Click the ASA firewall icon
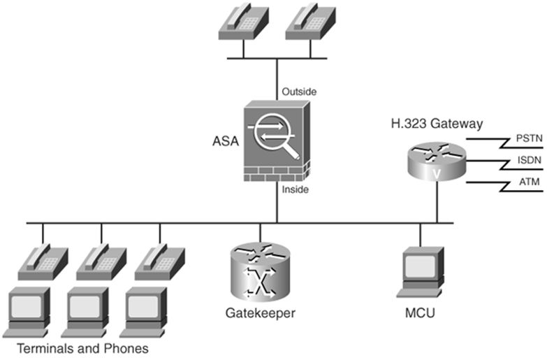pyautogui.click(x=276, y=140)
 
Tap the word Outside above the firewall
pyautogui.click(x=299, y=92)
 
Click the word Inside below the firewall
pyautogui.click(x=296, y=189)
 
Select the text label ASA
pyautogui.click(x=225, y=141)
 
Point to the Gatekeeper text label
pyautogui.click(x=258, y=312)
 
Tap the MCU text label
pyautogui.click(x=419, y=312)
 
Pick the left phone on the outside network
pyautogui.click(x=242, y=22)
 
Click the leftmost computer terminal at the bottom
pyautogui.click(x=28, y=310)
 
